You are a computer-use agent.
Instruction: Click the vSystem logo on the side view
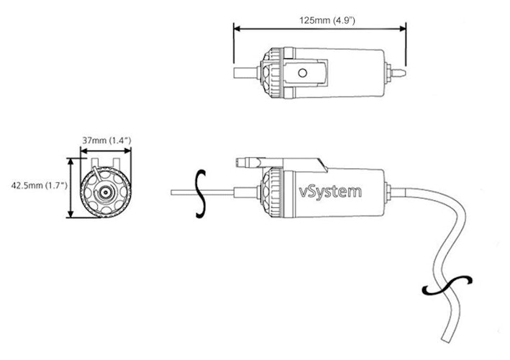point(330,192)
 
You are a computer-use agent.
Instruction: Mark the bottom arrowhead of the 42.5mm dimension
point(70,215)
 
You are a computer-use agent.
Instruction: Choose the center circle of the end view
point(105,192)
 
